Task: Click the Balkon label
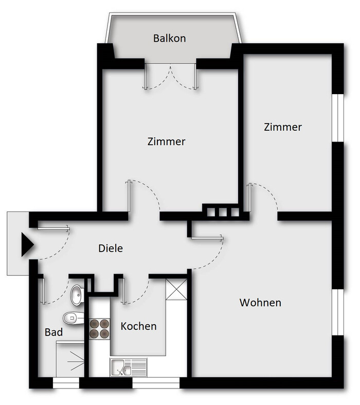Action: point(170,38)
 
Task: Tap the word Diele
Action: point(111,248)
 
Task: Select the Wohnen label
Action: point(260,303)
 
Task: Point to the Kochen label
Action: point(138,326)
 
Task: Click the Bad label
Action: point(53,332)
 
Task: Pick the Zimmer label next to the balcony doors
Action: point(167,142)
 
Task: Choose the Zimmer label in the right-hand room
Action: point(283,127)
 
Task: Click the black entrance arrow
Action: point(27,244)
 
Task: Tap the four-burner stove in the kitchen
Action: point(99,329)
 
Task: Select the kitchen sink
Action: point(129,367)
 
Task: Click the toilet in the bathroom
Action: point(74,318)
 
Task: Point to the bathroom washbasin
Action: point(77,295)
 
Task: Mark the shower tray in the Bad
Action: point(70,359)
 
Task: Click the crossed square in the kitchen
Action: point(176,289)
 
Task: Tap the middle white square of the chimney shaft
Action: point(223,212)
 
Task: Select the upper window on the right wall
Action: point(338,118)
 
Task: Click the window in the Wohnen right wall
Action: point(338,312)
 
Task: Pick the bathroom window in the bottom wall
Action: point(66,383)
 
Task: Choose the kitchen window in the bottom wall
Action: point(156,383)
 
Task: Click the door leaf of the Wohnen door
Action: point(207,238)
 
